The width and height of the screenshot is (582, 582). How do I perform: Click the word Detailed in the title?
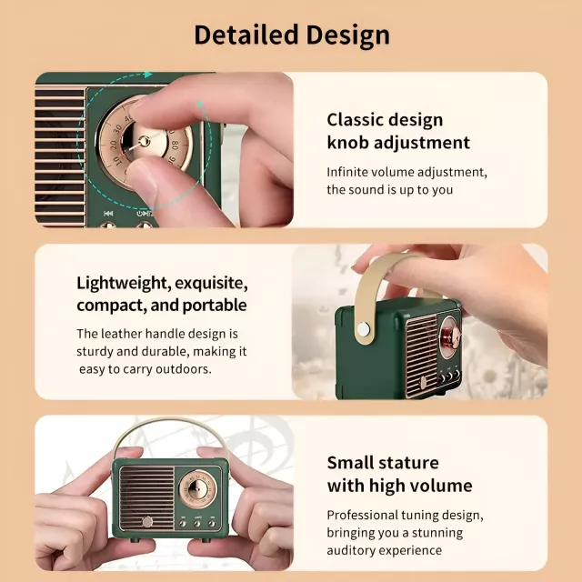pyautogui.click(x=246, y=35)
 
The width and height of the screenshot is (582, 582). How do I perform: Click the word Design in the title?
pyautogui.click(x=347, y=36)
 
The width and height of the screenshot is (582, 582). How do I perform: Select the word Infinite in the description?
pyautogui.click(x=346, y=172)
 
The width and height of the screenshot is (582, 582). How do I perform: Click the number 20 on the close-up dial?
pyautogui.click(x=114, y=145)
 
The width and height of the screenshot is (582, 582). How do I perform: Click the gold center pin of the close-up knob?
pyautogui.click(x=144, y=141)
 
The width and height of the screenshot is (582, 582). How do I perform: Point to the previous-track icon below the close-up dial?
pyautogui.click(x=108, y=213)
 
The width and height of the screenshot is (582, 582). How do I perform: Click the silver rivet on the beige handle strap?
pyautogui.click(x=364, y=329)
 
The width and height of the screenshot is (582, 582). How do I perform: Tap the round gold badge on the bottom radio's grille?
pyautogui.click(x=147, y=521)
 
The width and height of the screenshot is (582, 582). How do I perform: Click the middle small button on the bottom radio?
pyautogui.click(x=197, y=524)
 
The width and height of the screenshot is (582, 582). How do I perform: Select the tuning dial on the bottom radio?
pyautogui.click(x=196, y=490)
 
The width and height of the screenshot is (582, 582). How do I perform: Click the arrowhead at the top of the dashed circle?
pyautogui.click(x=148, y=75)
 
